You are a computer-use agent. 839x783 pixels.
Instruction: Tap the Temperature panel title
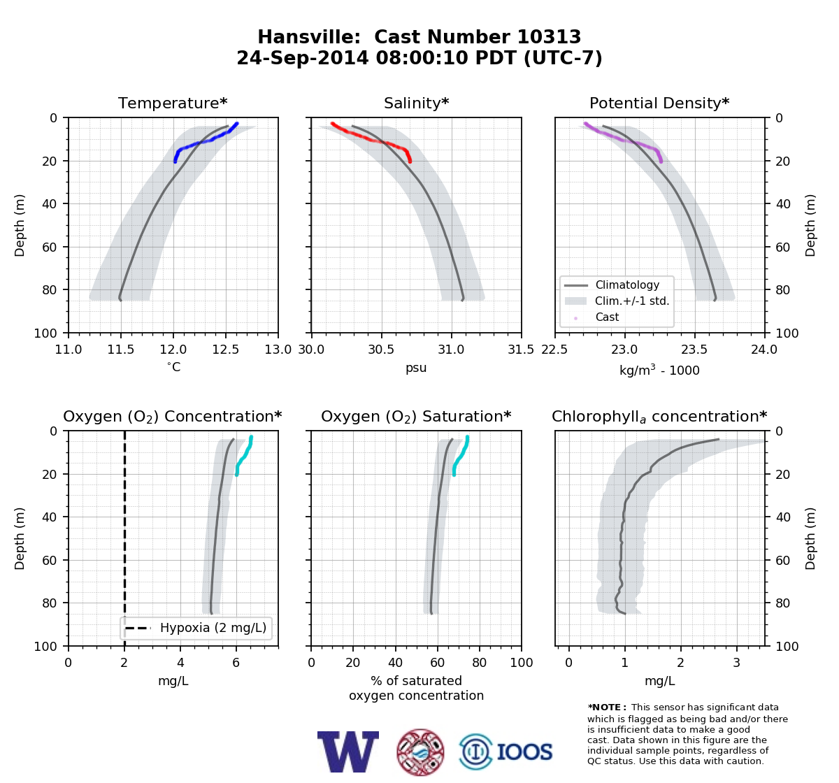coord(173,103)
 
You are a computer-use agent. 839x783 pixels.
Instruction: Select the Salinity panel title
coord(416,103)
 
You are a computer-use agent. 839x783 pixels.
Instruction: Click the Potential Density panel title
coord(659,103)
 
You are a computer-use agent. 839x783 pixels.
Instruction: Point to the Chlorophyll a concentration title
coord(659,417)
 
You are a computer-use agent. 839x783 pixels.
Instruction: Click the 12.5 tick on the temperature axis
coord(226,350)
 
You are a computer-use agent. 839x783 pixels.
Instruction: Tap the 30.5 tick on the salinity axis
coord(382,350)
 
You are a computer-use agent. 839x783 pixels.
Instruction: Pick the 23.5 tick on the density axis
coord(695,350)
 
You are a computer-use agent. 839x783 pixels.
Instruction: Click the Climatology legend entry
coord(627,285)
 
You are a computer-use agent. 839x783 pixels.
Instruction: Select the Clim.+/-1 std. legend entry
coord(632,301)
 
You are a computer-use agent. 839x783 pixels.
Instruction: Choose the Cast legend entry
coord(607,317)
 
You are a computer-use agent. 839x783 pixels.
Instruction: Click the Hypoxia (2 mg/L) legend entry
coord(213,628)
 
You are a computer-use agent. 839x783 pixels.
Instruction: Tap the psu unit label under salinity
coord(416,368)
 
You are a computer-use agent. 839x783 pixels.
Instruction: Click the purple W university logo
coord(348,752)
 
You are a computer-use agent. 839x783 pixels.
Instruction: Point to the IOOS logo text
coord(524,752)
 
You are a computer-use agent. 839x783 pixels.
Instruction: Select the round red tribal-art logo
coord(420,752)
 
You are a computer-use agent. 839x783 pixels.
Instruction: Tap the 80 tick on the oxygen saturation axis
coord(480,663)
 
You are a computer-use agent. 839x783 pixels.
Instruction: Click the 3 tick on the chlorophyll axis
coord(737,663)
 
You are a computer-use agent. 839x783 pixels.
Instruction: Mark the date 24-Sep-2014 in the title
coord(303,58)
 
